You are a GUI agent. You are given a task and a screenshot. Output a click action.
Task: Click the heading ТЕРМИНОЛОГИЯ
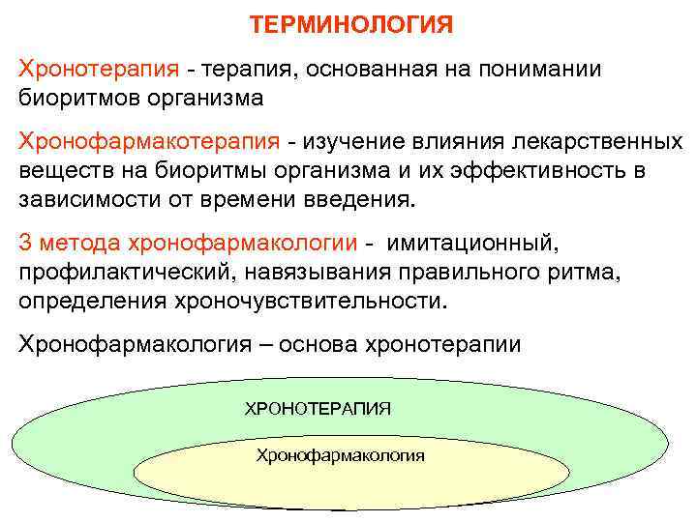[x=350, y=24]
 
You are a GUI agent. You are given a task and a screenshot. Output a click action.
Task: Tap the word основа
[x=318, y=344]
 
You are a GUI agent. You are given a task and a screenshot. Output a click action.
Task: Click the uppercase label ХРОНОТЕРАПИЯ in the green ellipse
[x=318, y=408]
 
